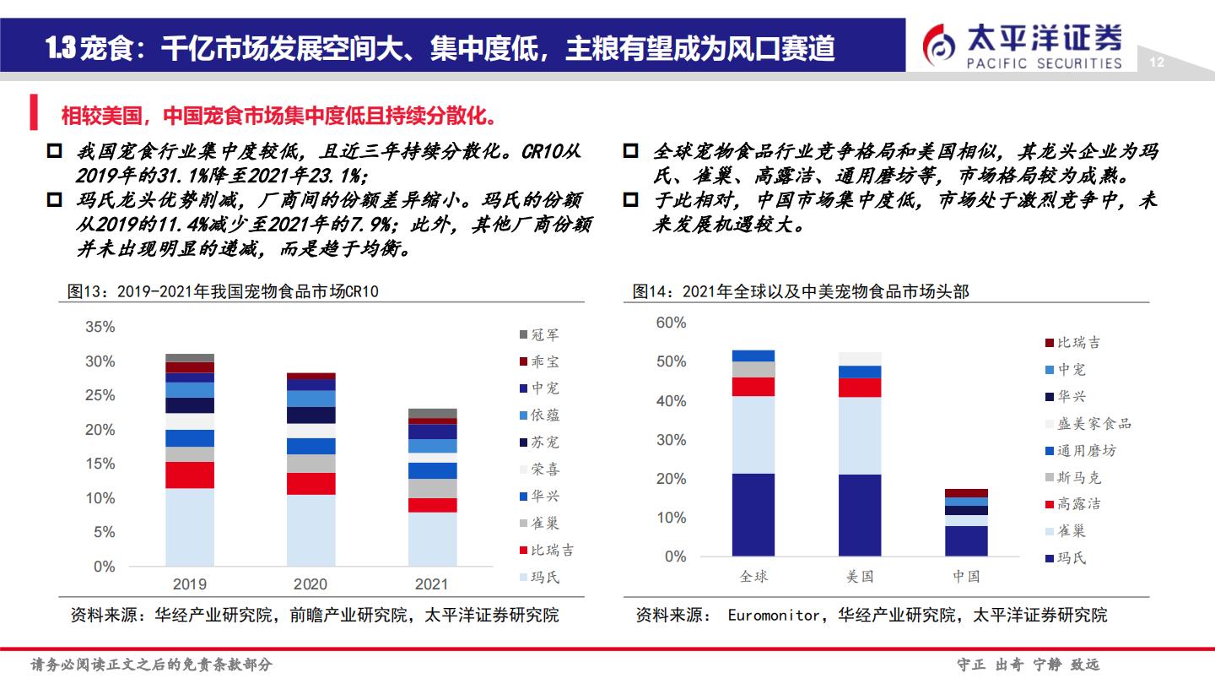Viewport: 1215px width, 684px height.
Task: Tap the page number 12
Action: tap(1157, 62)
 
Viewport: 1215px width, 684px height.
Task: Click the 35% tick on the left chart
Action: tap(100, 327)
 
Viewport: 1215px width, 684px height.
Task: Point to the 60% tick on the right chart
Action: tap(672, 323)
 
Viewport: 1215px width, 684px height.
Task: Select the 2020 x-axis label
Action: tap(310, 584)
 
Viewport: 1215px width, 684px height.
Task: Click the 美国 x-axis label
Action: tap(860, 577)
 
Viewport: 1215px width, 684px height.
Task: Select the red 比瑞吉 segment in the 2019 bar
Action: tap(190, 475)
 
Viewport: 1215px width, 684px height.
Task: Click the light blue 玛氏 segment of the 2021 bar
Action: tap(432, 539)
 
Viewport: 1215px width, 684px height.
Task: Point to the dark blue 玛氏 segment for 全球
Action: tap(753, 514)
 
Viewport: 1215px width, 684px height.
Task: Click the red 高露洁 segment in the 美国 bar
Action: tap(860, 388)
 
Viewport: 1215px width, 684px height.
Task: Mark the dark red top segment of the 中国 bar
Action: tap(966, 493)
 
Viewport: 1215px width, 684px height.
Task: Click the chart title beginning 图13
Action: tap(224, 291)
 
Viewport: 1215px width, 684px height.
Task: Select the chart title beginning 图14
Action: tap(801, 291)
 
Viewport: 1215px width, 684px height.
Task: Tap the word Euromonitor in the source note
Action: tap(773, 616)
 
